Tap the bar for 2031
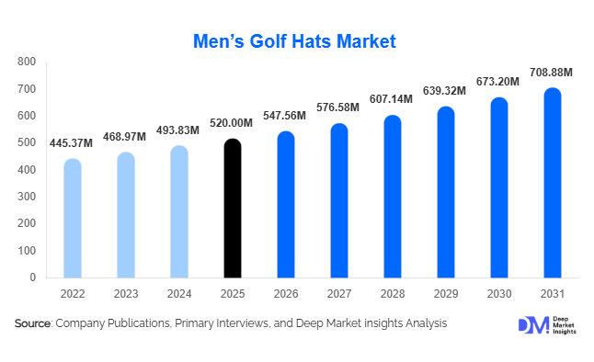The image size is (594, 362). pyautogui.click(x=553, y=183)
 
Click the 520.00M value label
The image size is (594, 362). pyautogui.click(x=233, y=123)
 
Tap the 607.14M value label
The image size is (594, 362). pyautogui.click(x=393, y=98)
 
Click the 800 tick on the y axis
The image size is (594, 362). pyautogui.click(x=27, y=62)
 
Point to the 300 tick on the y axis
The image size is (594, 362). pyautogui.click(x=27, y=197)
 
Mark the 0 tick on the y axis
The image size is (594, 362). pyautogui.click(x=32, y=277)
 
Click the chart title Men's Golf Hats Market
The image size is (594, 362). pyautogui.click(x=296, y=41)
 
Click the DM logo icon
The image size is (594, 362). pyautogui.click(x=531, y=325)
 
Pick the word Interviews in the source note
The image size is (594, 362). pyautogui.click(x=248, y=323)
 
